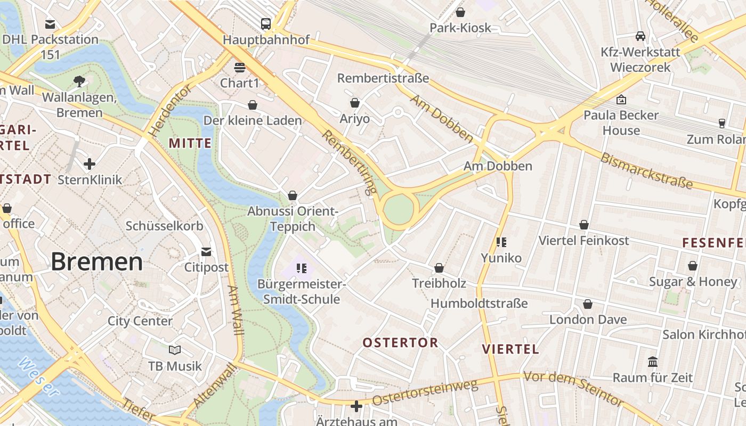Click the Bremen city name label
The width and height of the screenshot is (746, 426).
coord(97,262)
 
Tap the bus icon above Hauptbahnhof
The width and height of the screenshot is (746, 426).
coord(266,23)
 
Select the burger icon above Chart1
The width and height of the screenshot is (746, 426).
coord(240,68)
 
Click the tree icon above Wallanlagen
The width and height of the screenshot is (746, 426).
coord(79,81)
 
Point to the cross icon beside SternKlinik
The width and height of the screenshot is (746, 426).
coord(90,163)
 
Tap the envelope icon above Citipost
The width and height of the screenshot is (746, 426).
coord(206,251)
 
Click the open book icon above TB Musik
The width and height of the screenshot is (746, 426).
coord(175,350)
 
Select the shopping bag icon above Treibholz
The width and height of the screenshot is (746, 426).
coord(439,267)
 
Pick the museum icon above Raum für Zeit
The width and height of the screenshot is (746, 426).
coord(653,362)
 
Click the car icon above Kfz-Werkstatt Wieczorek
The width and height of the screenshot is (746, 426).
coord(640,36)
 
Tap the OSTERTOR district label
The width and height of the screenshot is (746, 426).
coord(400,342)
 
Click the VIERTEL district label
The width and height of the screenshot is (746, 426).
coord(510,349)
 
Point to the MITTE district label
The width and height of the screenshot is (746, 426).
coord(190,143)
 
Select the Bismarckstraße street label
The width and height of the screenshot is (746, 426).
coord(646,171)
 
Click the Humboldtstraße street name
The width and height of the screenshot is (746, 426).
coord(479,304)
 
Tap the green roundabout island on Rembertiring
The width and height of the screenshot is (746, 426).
coord(399,209)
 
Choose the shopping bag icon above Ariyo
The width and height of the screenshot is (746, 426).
coord(355,103)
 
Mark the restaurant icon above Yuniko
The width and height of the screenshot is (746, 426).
coord(501,242)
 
